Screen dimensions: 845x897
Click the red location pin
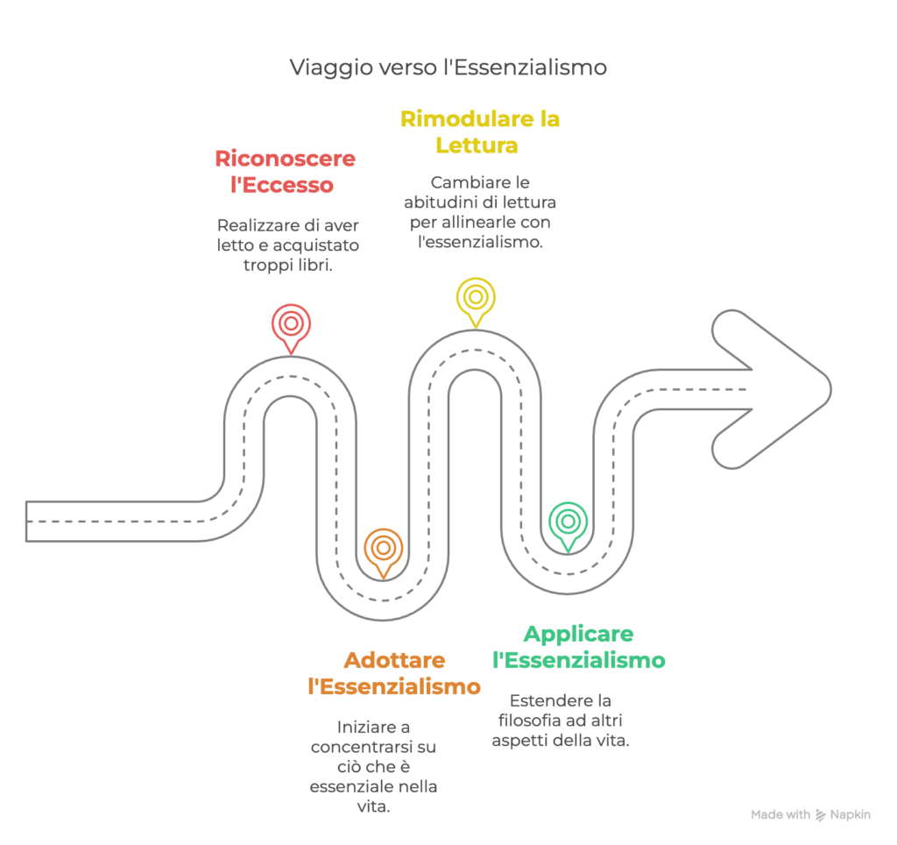click(290, 325)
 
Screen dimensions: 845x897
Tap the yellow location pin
click(475, 298)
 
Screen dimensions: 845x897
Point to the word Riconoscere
click(285, 159)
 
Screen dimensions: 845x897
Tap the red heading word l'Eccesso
click(276, 185)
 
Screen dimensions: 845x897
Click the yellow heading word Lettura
click(477, 145)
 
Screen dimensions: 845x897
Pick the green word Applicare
click(579, 634)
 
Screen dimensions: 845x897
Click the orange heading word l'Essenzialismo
click(394, 686)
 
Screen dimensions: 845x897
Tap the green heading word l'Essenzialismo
click(579, 660)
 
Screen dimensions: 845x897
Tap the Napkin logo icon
click(821, 815)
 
